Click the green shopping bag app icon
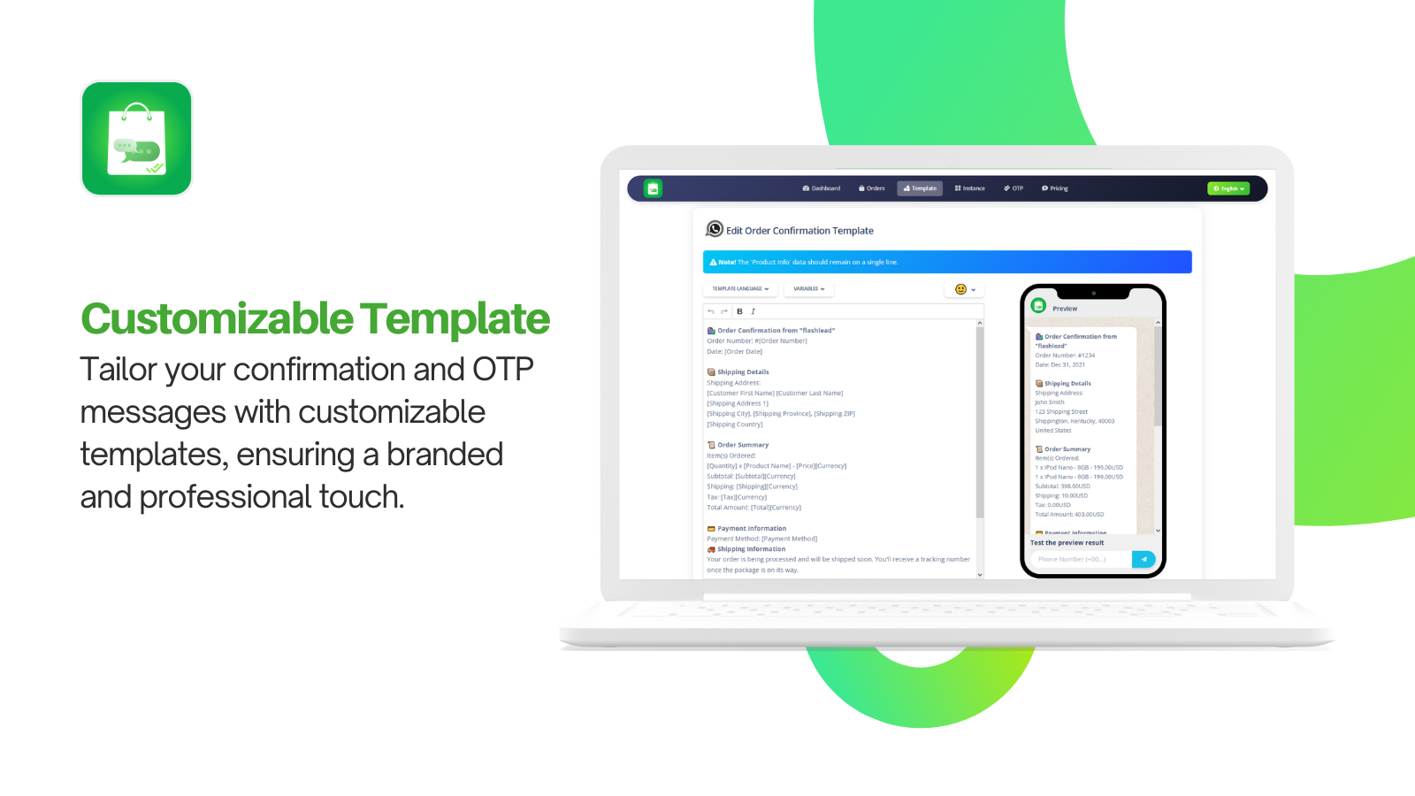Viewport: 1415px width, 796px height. tap(136, 138)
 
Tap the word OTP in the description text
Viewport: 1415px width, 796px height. tap(502, 370)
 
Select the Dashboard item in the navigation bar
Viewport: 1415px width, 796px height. tap(822, 188)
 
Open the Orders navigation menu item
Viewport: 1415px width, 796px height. tap(872, 188)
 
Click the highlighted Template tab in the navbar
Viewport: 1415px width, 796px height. tap(920, 188)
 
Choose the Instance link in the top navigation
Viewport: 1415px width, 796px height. tap(970, 188)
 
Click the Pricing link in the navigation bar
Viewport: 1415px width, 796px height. tap(1055, 188)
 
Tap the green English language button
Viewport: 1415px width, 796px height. tap(1228, 188)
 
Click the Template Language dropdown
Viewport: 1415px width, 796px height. tap(740, 289)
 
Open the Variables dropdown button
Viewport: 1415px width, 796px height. tap(808, 289)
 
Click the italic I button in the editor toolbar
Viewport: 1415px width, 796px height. tap(753, 311)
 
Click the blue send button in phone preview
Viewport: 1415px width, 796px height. tap(1143, 559)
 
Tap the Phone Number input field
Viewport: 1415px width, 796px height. tap(1080, 559)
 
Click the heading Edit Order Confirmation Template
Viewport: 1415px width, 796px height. tap(799, 231)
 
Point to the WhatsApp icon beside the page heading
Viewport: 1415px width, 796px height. tap(715, 229)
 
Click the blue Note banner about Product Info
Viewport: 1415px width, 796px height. tap(946, 262)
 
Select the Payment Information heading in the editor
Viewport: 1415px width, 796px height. tap(752, 528)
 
